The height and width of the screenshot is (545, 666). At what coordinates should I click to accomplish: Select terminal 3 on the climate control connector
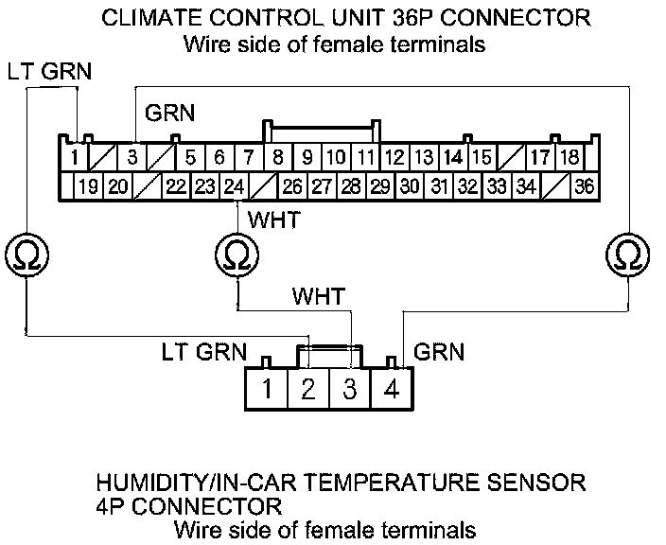pyautogui.click(x=133, y=157)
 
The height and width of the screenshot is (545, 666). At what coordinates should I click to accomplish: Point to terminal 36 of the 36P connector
pyautogui.click(x=585, y=186)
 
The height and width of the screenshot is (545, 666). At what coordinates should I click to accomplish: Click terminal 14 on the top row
pyautogui.click(x=453, y=157)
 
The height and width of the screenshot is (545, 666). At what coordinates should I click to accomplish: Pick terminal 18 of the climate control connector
pyautogui.click(x=570, y=157)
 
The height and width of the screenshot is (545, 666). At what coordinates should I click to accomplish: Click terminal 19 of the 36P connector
pyautogui.click(x=88, y=186)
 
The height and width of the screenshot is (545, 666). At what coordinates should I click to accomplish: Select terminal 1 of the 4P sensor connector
pyautogui.click(x=268, y=388)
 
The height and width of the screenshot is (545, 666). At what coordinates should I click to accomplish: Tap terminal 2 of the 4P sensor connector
pyautogui.click(x=308, y=388)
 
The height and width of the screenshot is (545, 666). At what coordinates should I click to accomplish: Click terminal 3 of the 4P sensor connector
pyautogui.click(x=350, y=388)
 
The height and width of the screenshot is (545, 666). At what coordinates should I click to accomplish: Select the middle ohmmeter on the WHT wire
pyautogui.click(x=236, y=254)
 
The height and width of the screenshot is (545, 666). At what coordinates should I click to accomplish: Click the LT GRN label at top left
pyautogui.click(x=44, y=72)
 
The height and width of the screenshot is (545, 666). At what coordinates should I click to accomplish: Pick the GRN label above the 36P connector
pyautogui.click(x=169, y=114)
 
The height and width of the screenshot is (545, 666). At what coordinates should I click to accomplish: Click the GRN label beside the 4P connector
pyautogui.click(x=441, y=352)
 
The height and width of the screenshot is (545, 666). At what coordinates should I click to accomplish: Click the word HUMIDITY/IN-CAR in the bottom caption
pyautogui.click(x=212, y=483)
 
